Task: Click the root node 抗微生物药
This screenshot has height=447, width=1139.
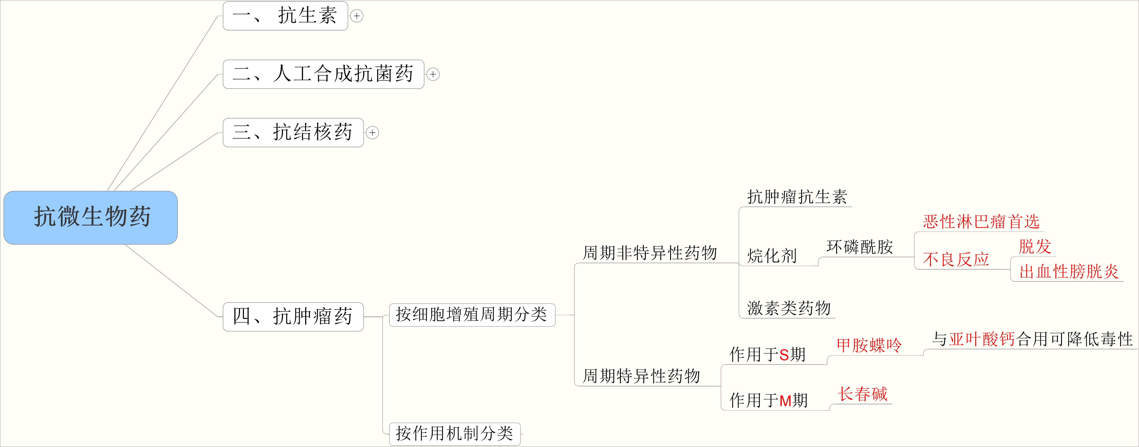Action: [91, 217]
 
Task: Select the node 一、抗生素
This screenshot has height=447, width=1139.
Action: [285, 16]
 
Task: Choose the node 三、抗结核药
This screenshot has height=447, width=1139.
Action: [293, 132]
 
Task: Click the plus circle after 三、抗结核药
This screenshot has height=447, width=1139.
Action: [373, 133]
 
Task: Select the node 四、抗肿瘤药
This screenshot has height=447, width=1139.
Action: [293, 317]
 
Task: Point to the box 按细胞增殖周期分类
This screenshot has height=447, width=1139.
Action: [472, 315]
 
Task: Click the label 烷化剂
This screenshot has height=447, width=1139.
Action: [772, 256]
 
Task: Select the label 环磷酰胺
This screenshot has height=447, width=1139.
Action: [859, 247]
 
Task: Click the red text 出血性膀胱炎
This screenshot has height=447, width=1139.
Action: [1069, 271]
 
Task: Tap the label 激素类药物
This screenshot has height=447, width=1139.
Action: [789, 308]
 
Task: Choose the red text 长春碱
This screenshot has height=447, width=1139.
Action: [863, 394]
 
